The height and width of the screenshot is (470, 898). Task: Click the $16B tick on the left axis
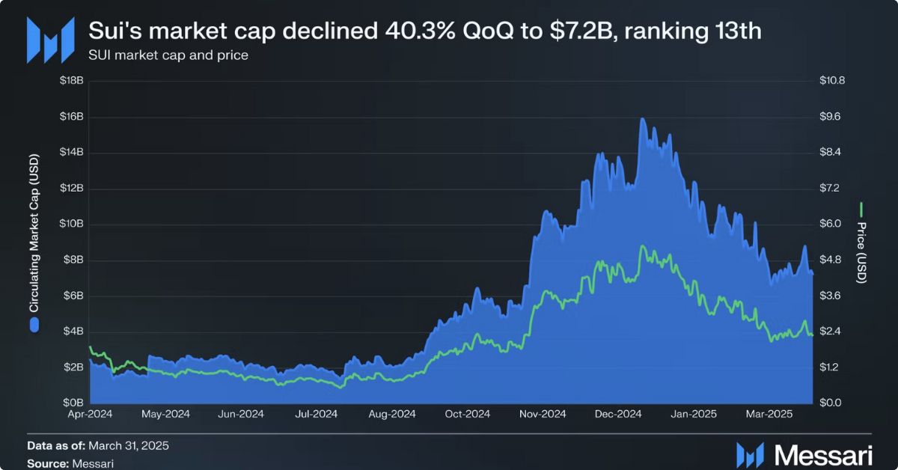(x=72, y=117)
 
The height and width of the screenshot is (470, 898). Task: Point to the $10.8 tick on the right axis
(x=831, y=81)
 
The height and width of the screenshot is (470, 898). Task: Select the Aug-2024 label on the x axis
(x=391, y=413)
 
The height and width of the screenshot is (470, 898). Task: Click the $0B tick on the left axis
(x=73, y=403)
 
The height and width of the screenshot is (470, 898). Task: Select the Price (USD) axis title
(x=861, y=252)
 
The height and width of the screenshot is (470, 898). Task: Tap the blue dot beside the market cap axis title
(x=34, y=324)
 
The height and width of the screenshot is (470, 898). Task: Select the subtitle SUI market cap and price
(x=168, y=55)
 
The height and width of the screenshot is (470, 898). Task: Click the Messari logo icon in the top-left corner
(x=49, y=40)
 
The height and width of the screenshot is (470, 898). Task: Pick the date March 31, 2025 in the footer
(x=129, y=446)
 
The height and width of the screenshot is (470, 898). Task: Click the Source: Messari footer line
(x=70, y=463)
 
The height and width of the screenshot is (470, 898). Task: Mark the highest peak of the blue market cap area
(x=642, y=118)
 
